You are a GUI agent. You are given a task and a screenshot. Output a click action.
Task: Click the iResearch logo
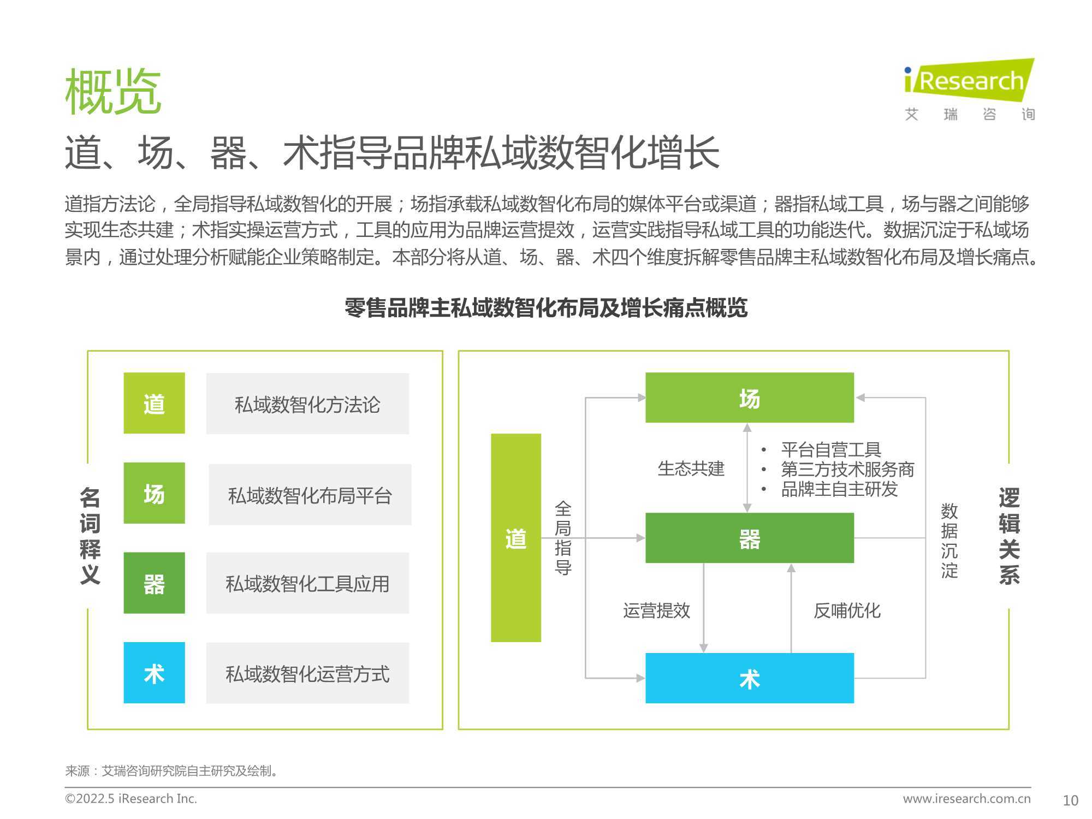click(970, 90)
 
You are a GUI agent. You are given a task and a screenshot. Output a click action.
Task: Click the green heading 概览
click(113, 92)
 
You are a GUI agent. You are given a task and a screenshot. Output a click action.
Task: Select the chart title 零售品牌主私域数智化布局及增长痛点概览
click(545, 308)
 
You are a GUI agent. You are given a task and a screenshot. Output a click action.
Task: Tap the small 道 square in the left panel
click(154, 403)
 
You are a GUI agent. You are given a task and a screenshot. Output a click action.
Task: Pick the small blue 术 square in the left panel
click(154, 673)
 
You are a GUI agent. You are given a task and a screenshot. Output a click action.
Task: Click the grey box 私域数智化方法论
click(307, 403)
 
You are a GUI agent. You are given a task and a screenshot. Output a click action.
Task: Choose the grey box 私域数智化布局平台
click(310, 495)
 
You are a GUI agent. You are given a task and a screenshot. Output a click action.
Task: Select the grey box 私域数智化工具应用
click(307, 583)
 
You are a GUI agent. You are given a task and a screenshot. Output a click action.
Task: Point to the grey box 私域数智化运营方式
click(307, 673)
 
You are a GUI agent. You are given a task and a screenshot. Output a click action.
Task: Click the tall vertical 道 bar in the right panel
click(516, 538)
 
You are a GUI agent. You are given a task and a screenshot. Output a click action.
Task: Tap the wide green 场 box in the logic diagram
click(750, 397)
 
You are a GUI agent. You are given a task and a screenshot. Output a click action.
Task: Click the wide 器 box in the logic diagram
click(750, 538)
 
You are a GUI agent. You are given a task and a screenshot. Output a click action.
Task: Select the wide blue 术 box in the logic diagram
click(750, 678)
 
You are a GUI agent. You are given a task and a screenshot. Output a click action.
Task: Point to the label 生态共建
click(691, 468)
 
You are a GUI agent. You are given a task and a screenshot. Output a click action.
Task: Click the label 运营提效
click(657, 610)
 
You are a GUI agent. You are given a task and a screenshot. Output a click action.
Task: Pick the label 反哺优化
click(847, 610)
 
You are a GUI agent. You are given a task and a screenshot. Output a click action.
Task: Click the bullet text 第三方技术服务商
click(847, 469)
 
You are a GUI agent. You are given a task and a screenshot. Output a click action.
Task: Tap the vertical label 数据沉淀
click(949, 541)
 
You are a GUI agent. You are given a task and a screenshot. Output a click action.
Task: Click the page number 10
click(1071, 800)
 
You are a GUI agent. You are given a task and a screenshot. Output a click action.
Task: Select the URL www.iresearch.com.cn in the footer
click(967, 798)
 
